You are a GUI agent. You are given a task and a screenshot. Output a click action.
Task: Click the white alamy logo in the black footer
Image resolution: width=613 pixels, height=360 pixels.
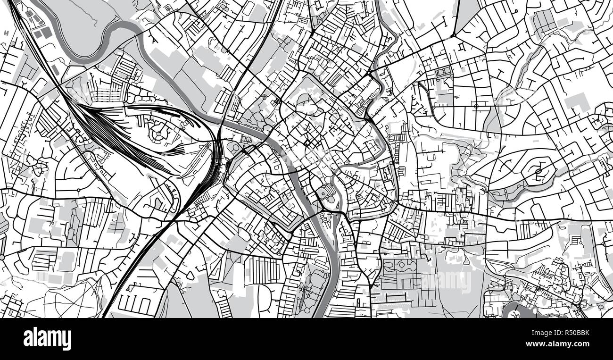pos(47,339)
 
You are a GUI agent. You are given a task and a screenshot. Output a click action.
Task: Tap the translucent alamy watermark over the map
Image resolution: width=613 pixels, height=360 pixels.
pos(446,281)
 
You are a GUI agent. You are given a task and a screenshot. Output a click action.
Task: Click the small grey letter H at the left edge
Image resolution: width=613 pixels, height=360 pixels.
pos(6,33)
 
